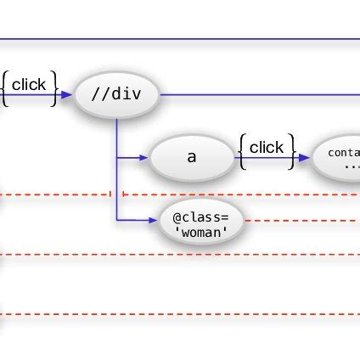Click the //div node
pos(118,95)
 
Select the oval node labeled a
pos(191,158)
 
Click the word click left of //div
pos(29,84)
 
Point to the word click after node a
pos(267,148)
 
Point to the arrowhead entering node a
pos(143,158)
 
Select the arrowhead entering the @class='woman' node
pos(154,221)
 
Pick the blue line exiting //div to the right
pos(255,95)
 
